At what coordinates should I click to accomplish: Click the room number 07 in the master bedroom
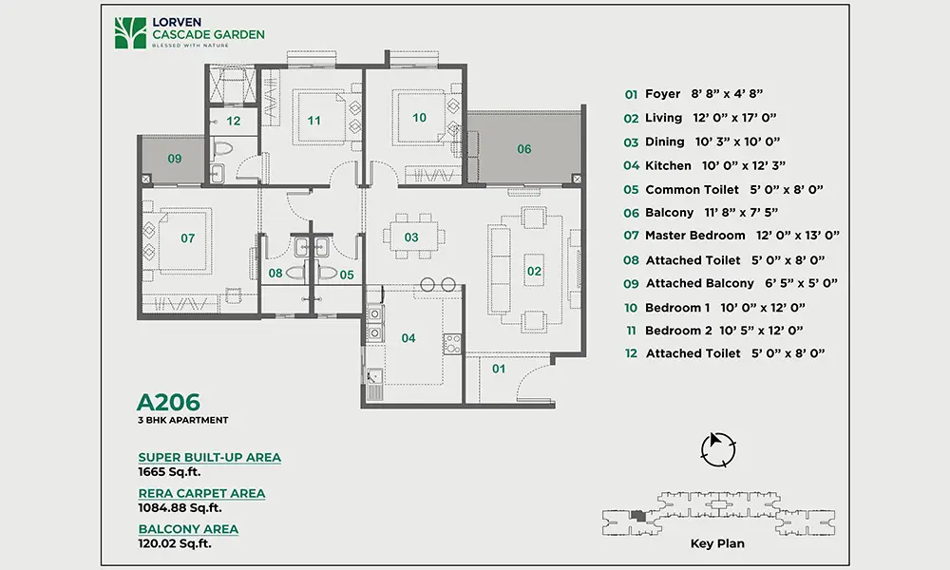[x=188, y=238]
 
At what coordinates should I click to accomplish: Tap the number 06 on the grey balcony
[x=524, y=149]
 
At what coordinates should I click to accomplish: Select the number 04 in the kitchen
[x=408, y=338]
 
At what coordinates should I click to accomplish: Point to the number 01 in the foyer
[x=499, y=369]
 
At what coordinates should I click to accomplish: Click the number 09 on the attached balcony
[x=175, y=159]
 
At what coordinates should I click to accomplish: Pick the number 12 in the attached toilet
[x=234, y=122]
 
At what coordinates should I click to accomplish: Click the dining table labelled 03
[x=412, y=237]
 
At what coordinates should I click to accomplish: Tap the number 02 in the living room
[x=534, y=272]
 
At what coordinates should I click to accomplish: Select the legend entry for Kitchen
[x=705, y=165]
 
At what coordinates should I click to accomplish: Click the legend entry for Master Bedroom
[x=731, y=235]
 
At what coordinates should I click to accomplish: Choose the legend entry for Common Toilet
[x=723, y=190]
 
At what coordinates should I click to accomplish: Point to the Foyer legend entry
[x=693, y=94]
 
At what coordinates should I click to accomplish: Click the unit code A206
[x=168, y=402]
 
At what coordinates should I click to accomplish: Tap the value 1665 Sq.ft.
[x=169, y=472]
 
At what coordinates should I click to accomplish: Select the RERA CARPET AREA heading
[x=201, y=494]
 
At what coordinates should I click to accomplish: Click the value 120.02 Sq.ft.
[x=175, y=543]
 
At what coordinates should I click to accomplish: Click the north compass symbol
[x=718, y=449]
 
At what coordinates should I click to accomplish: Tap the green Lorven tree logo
[x=130, y=32]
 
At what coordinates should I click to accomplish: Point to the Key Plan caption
[x=717, y=543]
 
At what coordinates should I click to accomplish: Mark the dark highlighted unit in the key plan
[x=636, y=516]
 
